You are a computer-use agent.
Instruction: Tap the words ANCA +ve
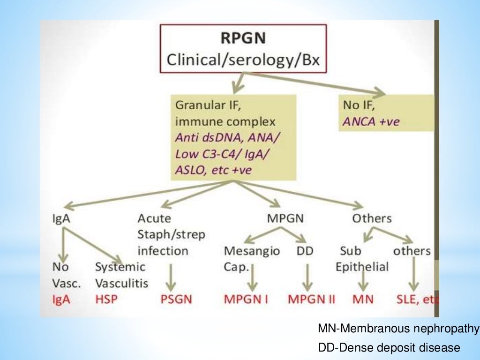coord(371,122)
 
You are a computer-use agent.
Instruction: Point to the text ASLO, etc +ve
coord(213,170)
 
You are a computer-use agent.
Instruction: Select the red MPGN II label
coord(311,299)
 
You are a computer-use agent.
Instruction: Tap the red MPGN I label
coord(246,299)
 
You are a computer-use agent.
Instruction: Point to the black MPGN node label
coord(285,218)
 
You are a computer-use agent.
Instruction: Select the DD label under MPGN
coord(305,251)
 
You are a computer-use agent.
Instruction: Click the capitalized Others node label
coord(372,218)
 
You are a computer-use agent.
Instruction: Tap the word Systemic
coord(120,267)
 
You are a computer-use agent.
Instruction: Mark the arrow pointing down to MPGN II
coord(307,277)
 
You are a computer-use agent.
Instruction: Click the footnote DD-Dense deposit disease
coord(389,347)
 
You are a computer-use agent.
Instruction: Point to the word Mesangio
coord(252,251)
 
